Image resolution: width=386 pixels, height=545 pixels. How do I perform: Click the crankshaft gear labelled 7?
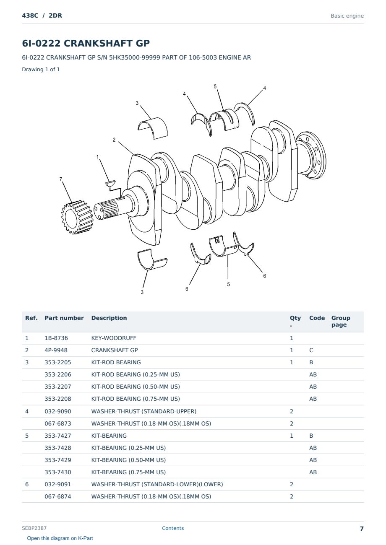77,217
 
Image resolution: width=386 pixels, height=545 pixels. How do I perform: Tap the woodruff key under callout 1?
110,183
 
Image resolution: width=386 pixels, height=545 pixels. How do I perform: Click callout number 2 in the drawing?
114,140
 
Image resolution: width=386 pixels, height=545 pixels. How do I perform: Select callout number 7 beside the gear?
61,179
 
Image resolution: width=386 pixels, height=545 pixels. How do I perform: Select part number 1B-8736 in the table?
56,338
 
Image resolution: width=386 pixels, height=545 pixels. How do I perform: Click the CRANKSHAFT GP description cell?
115,350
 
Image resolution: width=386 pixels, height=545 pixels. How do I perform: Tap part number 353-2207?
58,387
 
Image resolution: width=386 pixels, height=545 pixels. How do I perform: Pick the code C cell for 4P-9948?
311,350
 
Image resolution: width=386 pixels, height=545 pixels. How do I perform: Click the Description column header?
109,318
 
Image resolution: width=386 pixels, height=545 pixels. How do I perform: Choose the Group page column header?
341,321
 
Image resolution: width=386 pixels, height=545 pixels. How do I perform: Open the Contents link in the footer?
173,528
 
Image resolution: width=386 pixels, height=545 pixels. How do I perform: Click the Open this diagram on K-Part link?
60,538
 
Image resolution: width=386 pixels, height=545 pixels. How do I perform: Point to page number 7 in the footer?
362,529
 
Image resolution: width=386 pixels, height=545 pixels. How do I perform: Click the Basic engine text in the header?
347,16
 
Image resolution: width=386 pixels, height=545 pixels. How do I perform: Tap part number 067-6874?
58,496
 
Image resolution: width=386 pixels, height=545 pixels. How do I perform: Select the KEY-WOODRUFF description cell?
114,338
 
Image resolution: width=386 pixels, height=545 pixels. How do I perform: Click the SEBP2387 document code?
34,528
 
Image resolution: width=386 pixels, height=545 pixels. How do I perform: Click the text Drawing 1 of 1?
41,69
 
